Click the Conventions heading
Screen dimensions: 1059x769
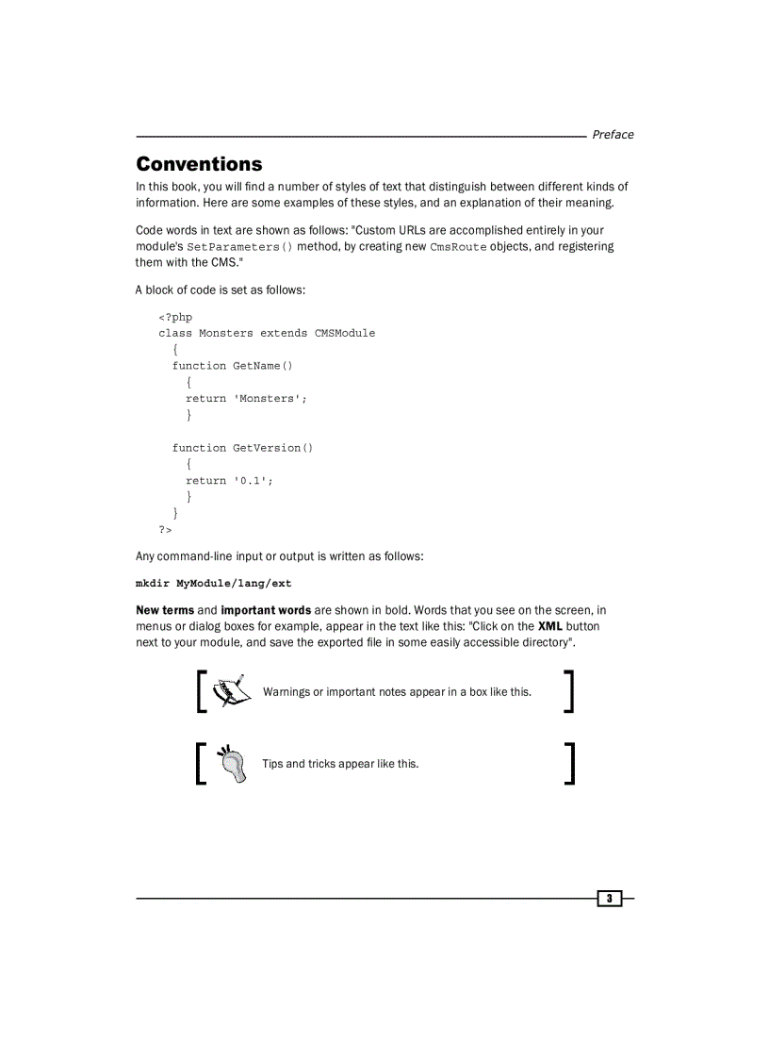click(x=199, y=164)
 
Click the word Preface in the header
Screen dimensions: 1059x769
click(x=613, y=135)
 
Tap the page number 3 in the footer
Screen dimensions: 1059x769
click(x=610, y=899)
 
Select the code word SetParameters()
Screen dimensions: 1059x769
click(x=239, y=247)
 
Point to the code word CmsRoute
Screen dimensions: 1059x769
click(x=458, y=247)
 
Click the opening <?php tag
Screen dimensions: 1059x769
click(x=175, y=317)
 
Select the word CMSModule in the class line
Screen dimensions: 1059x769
click(x=345, y=333)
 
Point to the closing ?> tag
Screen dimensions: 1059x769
click(x=166, y=530)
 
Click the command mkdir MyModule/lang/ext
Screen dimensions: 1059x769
click(x=214, y=584)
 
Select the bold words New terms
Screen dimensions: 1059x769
click(x=165, y=610)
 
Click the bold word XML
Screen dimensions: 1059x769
click(x=549, y=626)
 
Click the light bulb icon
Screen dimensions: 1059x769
click(x=230, y=763)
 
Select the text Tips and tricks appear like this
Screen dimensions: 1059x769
click(x=340, y=764)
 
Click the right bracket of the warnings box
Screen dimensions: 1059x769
click(x=568, y=691)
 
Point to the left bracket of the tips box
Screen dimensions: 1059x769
click(x=201, y=763)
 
